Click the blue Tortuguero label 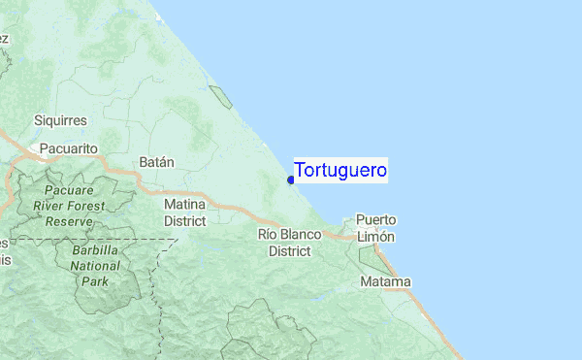coord(340,170)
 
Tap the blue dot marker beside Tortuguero coord(291,180)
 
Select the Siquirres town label coord(60,120)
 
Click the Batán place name coord(157,162)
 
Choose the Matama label coord(385,281)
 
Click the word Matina coord(184,205)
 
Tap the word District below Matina coord(184,220)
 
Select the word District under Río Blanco coord(289,250)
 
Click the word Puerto coord(375,219)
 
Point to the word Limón coord(375,236)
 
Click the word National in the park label coord(95,265)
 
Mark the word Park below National coord(95,280)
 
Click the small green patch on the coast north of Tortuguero coord(221,96)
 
